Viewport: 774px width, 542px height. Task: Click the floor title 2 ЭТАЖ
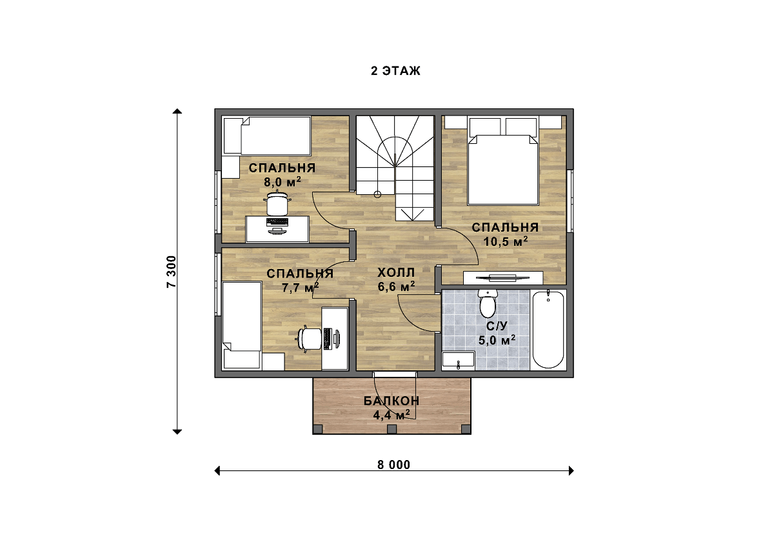tap(395, 71)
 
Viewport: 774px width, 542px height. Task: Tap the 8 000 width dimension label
tap(394, 465)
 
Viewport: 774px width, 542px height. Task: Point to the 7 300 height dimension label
tap(172, 272)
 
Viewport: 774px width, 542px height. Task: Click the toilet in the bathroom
tap(488, 303)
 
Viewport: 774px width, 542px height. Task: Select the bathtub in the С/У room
tap(548, 330)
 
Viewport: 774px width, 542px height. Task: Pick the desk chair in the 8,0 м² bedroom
tap(277, 203)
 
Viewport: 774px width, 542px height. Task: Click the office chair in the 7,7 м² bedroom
tap(310, 339)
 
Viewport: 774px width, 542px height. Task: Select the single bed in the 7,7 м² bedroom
tap(241, 325)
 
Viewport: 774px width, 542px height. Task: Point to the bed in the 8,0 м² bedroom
tap(267, 135)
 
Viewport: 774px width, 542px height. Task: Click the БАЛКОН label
tap(392, 401)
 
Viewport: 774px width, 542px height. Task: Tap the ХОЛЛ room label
tap(396, 273)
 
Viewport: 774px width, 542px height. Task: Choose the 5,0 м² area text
tap(497, 340)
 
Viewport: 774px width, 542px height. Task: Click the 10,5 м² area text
tap(505, 241)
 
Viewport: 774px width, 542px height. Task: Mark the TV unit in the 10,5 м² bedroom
tap(502, 277)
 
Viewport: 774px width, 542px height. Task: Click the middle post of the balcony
tap(392, 429)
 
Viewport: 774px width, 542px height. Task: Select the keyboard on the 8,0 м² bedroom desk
tap(277, 222)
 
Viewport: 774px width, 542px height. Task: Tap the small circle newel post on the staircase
tap(377, 195)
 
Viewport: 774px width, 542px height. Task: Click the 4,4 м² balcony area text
tap(392, 415)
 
